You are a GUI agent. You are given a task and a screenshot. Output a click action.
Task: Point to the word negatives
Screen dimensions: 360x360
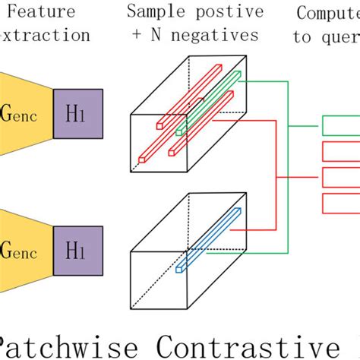tap(220, 36)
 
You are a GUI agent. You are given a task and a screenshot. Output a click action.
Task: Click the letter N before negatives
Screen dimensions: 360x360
tap(169, 36)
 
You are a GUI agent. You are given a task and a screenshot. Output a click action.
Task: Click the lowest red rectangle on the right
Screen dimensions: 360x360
tap(341, 203)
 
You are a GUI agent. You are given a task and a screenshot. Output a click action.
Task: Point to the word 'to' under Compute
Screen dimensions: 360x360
tap(303, 36)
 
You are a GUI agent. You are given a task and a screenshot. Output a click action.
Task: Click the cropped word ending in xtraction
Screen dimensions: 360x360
tap(46, 36)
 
